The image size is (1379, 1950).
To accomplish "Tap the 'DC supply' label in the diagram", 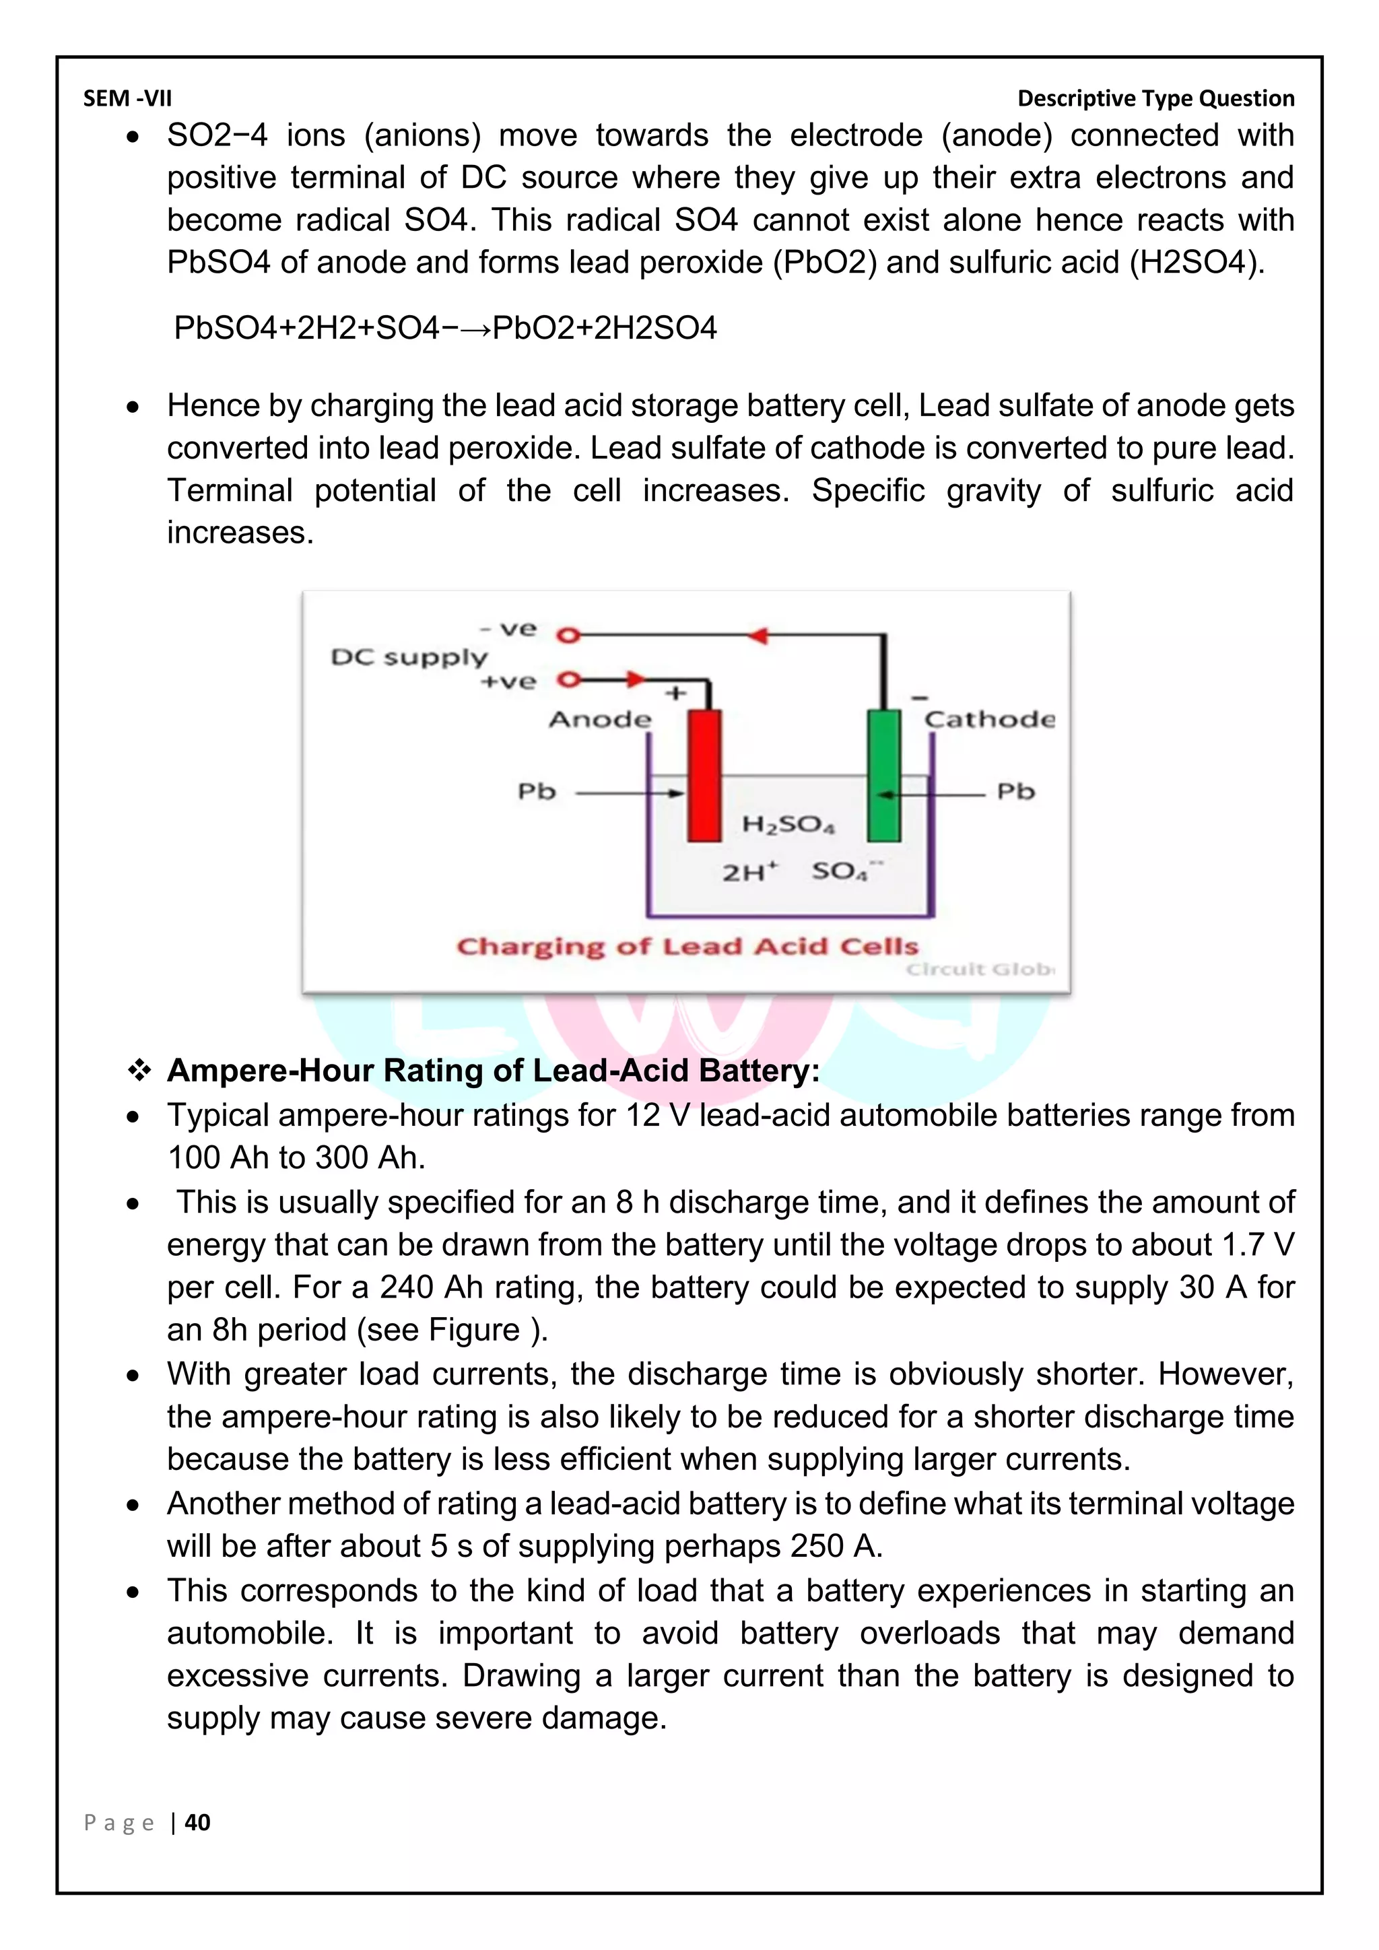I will tap(409, 657).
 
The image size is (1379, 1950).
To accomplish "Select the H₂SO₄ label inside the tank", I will tap(788, 823).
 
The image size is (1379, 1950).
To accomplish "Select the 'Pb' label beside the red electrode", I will tap(537, 792).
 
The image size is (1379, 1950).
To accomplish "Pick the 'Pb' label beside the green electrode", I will tap(1015, 792).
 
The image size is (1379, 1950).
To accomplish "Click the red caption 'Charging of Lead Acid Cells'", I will tap(687, 946).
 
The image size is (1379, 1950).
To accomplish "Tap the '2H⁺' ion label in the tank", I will tap(750, 872).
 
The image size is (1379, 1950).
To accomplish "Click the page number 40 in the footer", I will tap(198, 1823).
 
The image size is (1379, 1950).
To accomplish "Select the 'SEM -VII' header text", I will tap(127, 98).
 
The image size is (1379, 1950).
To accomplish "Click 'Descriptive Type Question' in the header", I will tap(1155, 98).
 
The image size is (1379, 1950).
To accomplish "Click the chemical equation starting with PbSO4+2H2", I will tap(445, 328).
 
